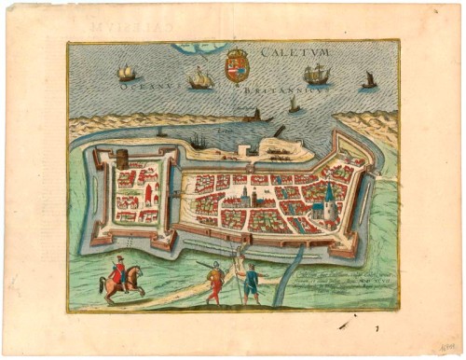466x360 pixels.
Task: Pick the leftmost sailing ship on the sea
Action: pyautogui.click(x=126, y=72)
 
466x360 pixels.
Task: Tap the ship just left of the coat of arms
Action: pyautogui.click(x=200, y=80)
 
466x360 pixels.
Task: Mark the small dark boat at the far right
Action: pyautogui.click(x=369, y=80)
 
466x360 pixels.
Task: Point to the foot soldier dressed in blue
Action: pyautogui.click(x=249, y=283)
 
